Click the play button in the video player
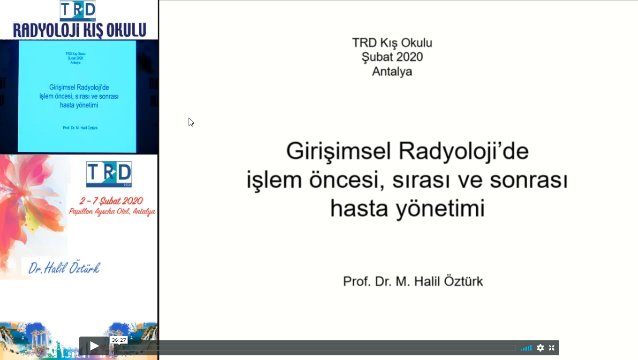(94, 346)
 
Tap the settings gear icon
(540, 348)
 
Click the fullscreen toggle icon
(552, 348)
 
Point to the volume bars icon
(526, 348)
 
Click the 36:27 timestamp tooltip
(119, 340)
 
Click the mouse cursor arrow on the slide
(191, 122)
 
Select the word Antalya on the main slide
(392, 71)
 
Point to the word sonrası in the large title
(529, 180)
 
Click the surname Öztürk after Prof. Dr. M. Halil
(463, 281)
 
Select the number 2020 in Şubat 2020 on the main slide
(409, 57)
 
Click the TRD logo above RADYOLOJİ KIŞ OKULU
(77, 11)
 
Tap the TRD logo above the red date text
(109, 174)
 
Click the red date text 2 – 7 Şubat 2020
(111, 201)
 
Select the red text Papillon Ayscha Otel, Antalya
(112, 212)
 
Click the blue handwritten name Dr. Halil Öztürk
(64, 268)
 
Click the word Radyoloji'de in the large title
(463, 151)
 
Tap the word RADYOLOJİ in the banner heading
(46, 30)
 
